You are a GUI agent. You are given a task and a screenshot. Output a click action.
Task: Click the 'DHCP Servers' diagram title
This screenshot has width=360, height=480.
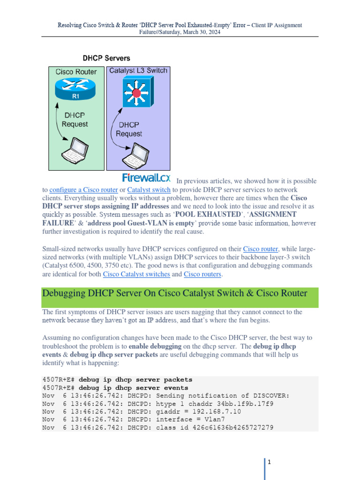pos(106,59)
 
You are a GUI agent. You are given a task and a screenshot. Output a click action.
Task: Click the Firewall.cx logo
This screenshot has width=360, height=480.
pos(146,178)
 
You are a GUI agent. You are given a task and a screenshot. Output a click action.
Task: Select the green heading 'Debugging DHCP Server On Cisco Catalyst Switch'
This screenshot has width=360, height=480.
pos(174,293)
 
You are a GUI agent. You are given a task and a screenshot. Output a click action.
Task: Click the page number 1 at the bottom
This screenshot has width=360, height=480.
pos(270,462)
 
